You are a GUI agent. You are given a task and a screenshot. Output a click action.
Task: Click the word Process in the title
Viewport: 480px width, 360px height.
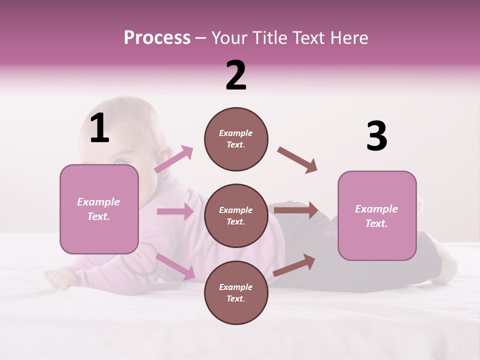(x=157, y=38)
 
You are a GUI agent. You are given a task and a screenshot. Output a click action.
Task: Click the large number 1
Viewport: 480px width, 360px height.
(x=99, y=128)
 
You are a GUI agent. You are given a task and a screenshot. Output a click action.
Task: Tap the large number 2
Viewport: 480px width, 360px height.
(x=236, y=75)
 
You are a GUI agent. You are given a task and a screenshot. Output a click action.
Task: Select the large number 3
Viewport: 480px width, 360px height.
(x=376, y=136)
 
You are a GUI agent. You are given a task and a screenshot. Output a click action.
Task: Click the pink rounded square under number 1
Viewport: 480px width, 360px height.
(x=99, y=209)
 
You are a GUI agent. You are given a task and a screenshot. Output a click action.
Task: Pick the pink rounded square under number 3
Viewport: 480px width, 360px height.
(x=377, y=216)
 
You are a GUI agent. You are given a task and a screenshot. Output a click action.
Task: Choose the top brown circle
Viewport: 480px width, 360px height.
(x=236, y=139)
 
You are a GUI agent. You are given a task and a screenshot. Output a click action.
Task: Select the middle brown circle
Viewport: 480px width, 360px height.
(x=236, y=216)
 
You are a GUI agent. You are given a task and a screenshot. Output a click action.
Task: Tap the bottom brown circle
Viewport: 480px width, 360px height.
(x=236, y=293)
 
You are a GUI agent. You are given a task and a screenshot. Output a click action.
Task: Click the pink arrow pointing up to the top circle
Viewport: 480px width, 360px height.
(x=174, y=159)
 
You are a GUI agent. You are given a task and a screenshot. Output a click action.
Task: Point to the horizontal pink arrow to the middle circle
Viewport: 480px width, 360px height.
(x=174, y=211)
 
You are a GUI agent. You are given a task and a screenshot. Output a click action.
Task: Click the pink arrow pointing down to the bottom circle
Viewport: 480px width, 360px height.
(x=175, y=266)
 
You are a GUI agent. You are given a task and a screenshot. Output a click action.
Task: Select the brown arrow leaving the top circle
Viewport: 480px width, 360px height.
(x=297, y=160)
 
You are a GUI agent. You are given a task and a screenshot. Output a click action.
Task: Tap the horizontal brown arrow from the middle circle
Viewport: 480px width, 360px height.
(x=295, y=210)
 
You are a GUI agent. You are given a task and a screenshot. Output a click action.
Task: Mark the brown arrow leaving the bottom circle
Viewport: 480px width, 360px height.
(x=294, y=265)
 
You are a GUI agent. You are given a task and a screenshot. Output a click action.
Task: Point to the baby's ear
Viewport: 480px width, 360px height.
(x=161, y=154)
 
